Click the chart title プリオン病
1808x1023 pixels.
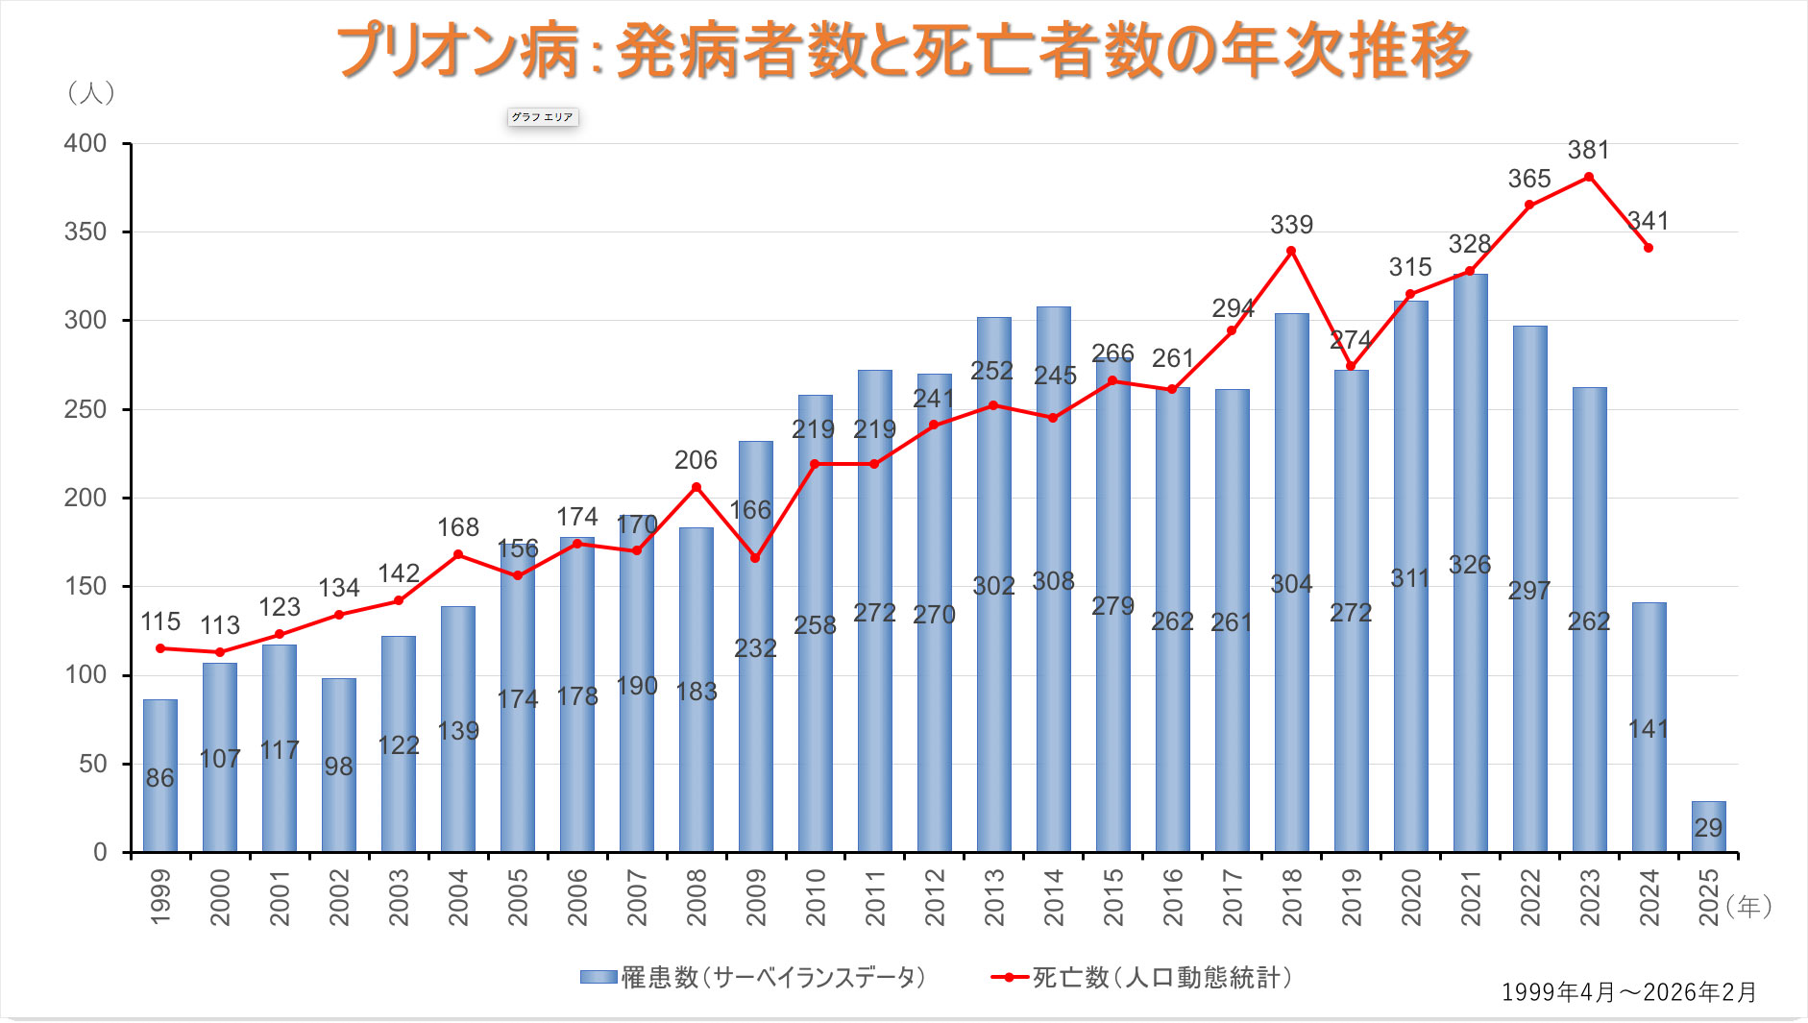903,50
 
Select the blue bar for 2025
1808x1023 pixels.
1708,826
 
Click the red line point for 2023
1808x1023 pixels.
1589,177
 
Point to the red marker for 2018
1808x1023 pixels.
1291,251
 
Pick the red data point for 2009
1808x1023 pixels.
755,558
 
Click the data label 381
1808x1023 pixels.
1588,151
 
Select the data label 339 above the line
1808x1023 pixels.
1291,225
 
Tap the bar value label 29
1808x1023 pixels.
1708,828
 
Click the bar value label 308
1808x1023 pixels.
1053,581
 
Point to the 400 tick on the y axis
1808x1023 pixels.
86,144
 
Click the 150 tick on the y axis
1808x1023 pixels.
86,586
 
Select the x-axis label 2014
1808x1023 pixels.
1054,897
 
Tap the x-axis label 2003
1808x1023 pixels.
399,897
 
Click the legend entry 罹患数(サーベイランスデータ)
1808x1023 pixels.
753,978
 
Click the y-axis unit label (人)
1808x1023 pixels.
91,92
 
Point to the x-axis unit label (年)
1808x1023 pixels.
1748,906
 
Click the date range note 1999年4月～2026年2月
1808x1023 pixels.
1628,992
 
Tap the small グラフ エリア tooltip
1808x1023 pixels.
543,117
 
